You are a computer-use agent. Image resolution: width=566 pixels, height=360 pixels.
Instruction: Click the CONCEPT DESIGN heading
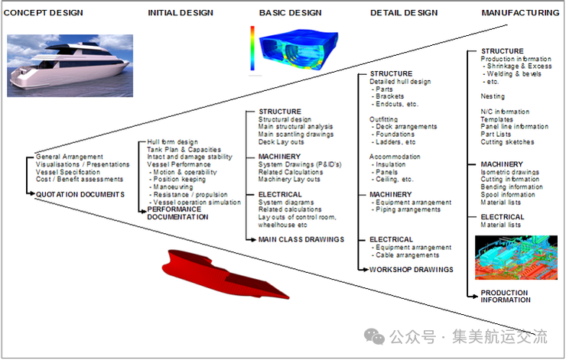click(44, 13)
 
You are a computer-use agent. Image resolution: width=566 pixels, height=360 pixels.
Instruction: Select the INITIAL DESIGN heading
click(181, 13)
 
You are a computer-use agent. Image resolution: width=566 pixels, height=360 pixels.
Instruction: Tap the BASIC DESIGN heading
click(291, 13)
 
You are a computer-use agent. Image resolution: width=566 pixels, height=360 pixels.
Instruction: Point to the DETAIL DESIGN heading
click(404, 13)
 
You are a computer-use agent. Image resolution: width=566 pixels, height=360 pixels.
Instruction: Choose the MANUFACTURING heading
click(520, 13)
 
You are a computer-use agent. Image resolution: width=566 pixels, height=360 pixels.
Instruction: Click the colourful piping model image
click(516, 256)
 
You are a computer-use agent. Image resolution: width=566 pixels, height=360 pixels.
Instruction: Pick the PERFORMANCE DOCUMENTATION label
click(177, 213)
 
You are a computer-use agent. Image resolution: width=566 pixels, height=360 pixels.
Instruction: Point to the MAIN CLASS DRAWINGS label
click(301, 239)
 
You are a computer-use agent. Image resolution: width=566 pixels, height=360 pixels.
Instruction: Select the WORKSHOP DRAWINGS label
click(411, 270)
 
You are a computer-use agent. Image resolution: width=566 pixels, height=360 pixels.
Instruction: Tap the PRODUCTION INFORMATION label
click(504, 297)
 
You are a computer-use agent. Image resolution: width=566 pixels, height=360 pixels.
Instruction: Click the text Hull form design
click(172, 142)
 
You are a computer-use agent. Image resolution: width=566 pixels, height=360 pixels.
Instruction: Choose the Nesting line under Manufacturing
click(492, 96)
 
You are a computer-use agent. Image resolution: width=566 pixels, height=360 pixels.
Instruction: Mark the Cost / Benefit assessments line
click(79, 180)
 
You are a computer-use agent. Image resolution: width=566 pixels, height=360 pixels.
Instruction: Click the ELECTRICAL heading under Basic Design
click(281, 195)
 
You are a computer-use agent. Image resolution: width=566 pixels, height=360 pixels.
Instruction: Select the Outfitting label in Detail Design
click(384, 119)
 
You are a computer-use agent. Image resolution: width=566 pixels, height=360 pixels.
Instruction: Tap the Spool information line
click(508, 195)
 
